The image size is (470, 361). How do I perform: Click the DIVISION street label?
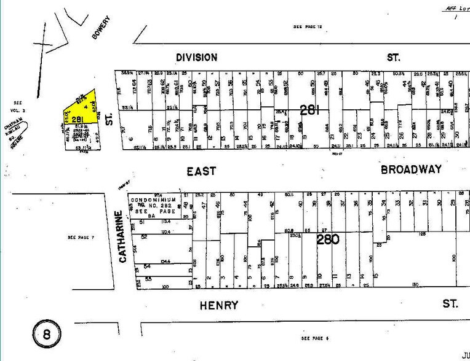point(196,57)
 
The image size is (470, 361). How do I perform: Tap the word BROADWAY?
point(411,169)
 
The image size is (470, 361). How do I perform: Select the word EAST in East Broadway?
point(201,171)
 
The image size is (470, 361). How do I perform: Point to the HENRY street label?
point(218,305)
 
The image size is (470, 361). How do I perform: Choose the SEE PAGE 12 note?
point(308,27)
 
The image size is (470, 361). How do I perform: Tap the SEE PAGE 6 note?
point(316,339)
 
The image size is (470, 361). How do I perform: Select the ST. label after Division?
point(393,57)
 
